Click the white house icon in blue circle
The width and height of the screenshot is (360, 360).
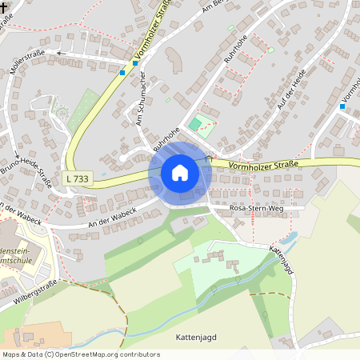[x=179, y=173]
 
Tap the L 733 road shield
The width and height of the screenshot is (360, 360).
[x=78, y=179]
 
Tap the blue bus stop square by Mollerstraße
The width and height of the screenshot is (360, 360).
[x=122, y=72]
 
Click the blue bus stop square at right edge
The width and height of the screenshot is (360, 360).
[x=342, y=106]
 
